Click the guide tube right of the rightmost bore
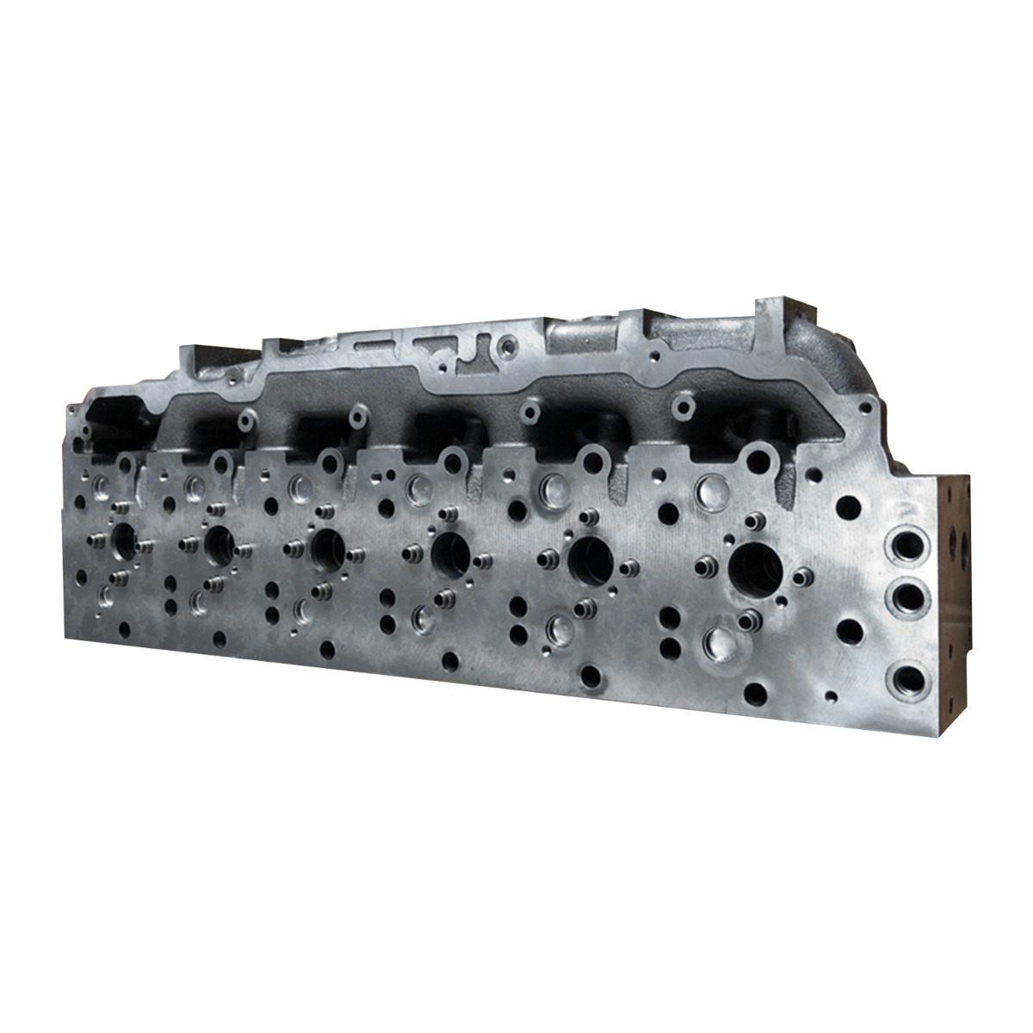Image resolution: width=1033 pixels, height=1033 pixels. [802, 576]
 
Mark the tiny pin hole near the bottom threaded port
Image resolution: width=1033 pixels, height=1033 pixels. [832, 696]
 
